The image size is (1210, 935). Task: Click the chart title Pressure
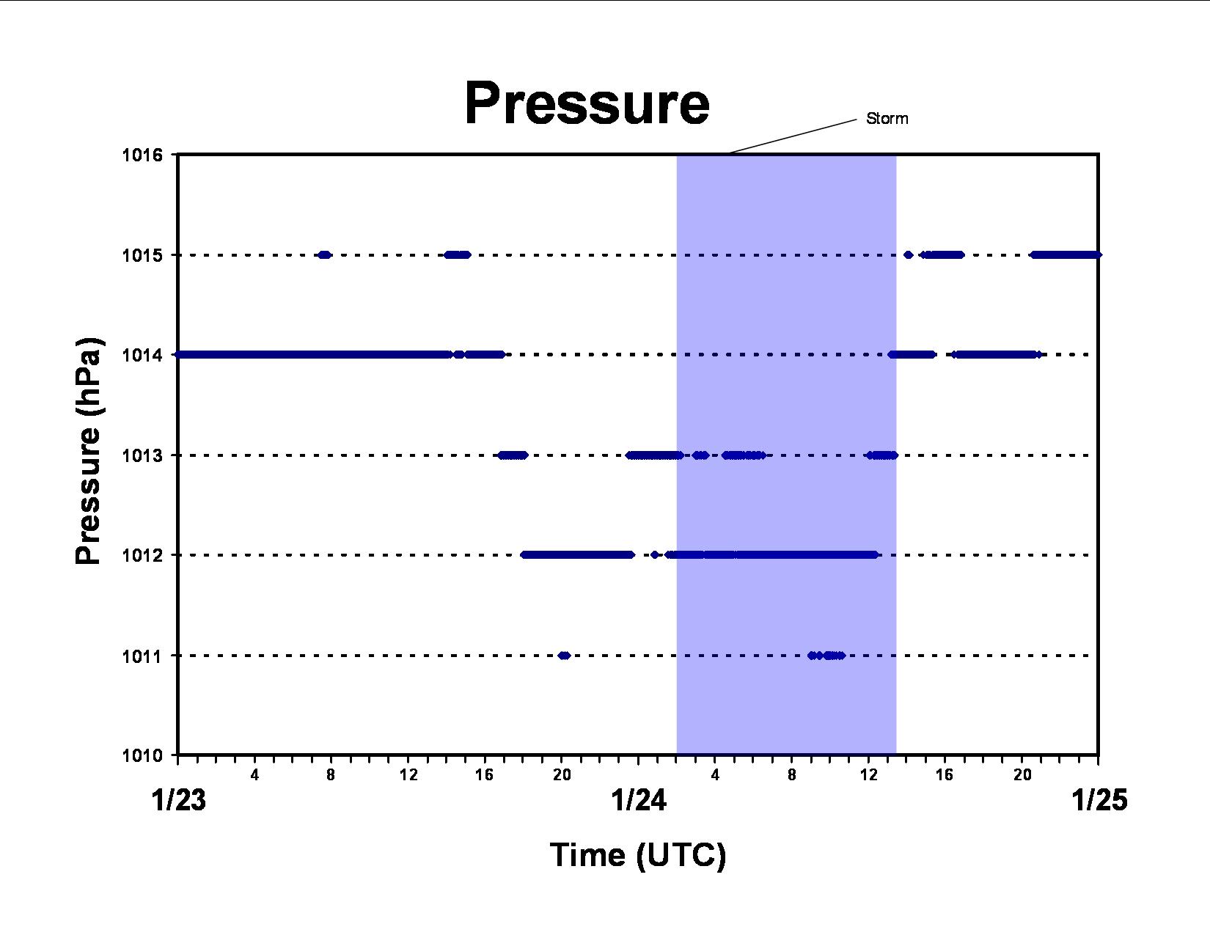[x=587, y=103]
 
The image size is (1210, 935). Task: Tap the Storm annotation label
[x=887, y=119]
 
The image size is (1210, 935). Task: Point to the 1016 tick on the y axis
[x=142, y=155]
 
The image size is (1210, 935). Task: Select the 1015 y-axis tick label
[x=142, y=256]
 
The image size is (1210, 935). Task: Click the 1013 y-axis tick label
[x=142, y=456]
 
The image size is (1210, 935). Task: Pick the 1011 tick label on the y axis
[x=142, y=656]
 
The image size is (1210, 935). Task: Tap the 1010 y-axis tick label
[x=142, y=755]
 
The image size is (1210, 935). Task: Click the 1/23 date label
[x=179, y=801]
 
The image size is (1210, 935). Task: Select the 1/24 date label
[x=639, y=801]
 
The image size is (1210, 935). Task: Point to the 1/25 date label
[x=1100, y=801]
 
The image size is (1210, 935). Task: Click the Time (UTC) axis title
[x=638, y=855]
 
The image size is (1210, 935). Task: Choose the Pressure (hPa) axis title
[x=88, y=451]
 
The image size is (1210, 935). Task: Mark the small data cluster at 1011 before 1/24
[x=564, y=656]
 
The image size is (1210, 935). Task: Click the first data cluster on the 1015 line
[x=324, y=255]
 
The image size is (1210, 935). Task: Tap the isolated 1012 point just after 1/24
[x=654, y=554]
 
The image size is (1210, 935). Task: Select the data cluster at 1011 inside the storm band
[x=826, y=656]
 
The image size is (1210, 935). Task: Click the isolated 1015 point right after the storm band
[x=908, y=255]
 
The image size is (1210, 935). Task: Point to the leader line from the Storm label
[x=793, y=136]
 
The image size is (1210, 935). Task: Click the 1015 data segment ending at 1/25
[x=1066, y=255]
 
